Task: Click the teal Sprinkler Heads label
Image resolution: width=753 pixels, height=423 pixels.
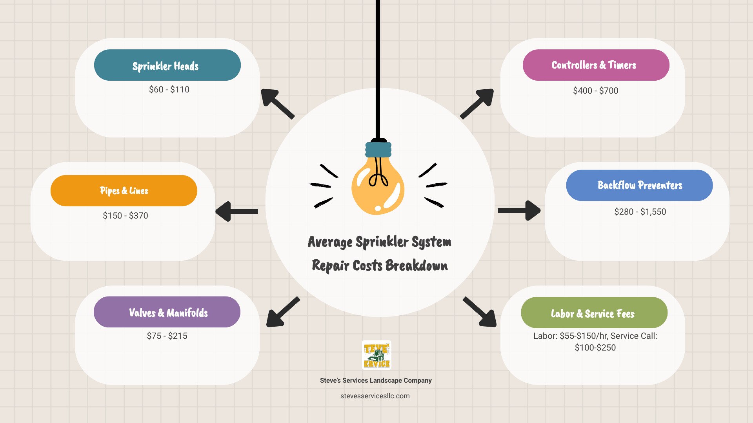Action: coord(167,65)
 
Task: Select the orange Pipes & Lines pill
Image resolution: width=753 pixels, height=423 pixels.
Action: coord(124,191)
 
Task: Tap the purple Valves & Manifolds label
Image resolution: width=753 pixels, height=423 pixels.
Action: coord(167,312)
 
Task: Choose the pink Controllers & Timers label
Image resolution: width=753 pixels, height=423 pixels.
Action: coord(596,65)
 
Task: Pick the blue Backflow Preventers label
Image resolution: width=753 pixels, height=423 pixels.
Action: coord(639,185)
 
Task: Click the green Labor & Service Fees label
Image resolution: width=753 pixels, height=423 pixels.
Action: coord(594,313)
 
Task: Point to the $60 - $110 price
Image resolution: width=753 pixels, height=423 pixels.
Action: coord(169,90)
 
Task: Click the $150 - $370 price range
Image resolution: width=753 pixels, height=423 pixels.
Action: coord(125,216)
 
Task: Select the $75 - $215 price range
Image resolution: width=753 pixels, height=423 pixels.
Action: coord(167,336)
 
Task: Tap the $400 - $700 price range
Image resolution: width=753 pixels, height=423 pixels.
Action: coord(595,91)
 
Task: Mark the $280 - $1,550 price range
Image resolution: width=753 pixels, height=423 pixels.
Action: coord(640,212)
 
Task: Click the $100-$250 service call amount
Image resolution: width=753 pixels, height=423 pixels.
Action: coord(595,348)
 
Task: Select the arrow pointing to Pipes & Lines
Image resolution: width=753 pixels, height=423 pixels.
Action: coord(236,211)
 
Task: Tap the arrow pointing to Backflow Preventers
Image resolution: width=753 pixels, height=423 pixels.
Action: coord(519,211)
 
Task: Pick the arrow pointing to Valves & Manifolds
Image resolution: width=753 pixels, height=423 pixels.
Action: coord(282,312)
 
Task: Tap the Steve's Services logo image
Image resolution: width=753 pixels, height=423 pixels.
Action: coord(376,355)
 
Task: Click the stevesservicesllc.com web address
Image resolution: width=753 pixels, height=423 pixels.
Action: coord(375,396)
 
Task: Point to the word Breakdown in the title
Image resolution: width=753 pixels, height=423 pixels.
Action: coord(417,266)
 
